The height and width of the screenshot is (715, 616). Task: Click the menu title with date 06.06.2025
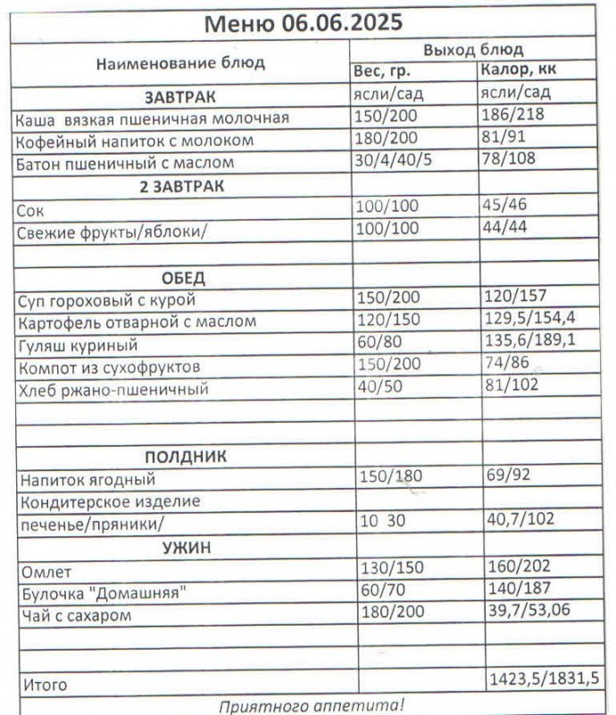pyautogui.click(x=304, y=22)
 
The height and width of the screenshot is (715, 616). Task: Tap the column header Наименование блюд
pyautogui.click(x=180, y=63)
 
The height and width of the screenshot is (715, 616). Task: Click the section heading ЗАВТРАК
pyautogui.click(x=180, y=96)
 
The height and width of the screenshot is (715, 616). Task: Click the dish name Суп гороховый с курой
pyautogui.click(x=105, y=299)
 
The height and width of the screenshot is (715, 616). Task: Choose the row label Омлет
pyautogui.click(x=43, y=571)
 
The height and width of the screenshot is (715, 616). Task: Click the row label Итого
pyautogui.click(x=43, y=686)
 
